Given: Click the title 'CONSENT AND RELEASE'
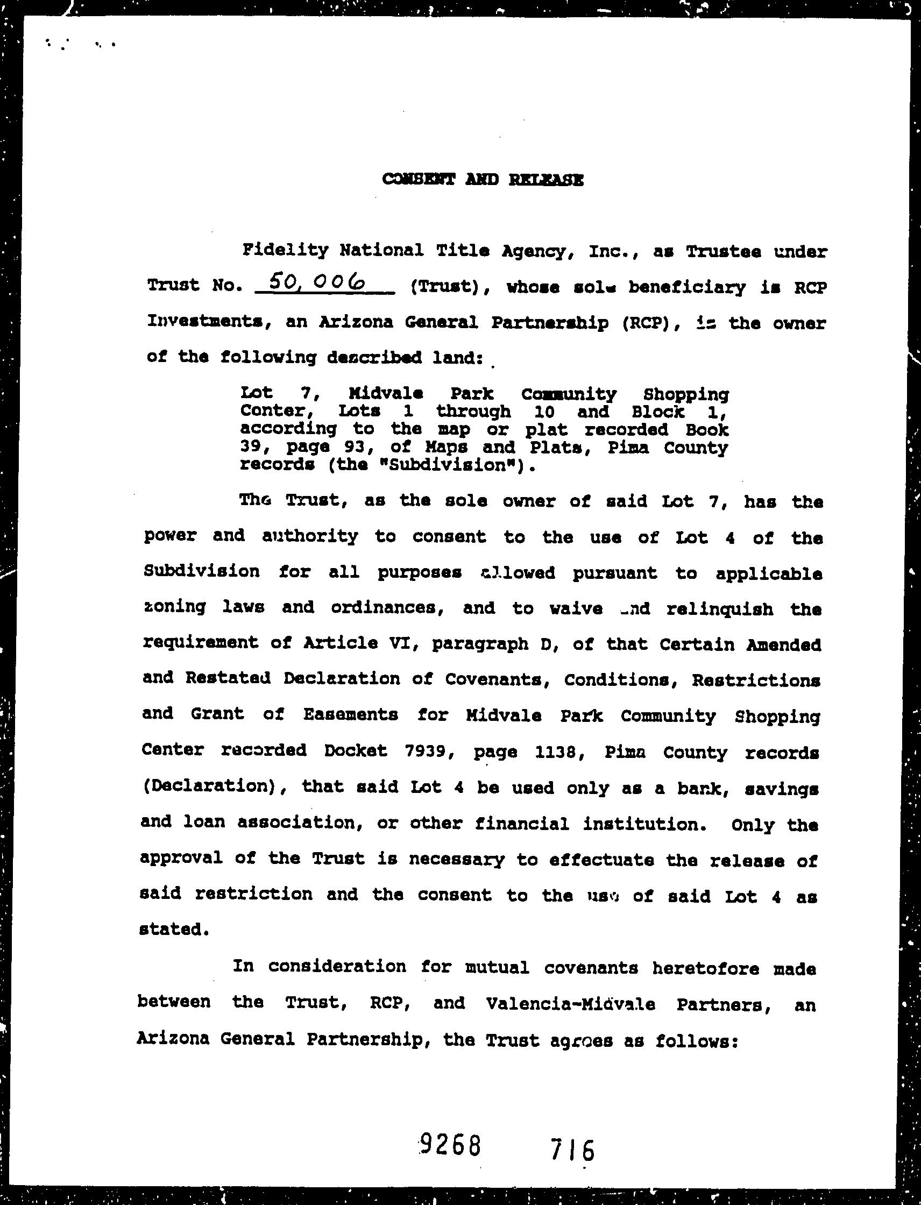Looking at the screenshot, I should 483,179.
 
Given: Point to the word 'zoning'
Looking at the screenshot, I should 175,607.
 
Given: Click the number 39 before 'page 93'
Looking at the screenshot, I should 251,448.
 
